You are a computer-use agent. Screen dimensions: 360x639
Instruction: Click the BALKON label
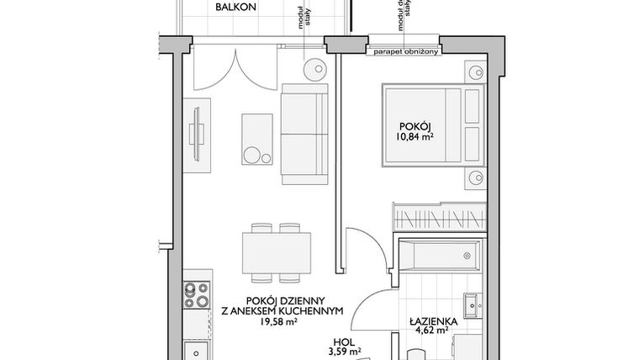pyautogui.click(x=236, y=8)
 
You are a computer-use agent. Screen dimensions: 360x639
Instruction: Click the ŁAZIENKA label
pyautogui.click(x=432, y=320)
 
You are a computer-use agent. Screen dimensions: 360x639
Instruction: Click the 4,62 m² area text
pyautogui.click(x=432, y=331)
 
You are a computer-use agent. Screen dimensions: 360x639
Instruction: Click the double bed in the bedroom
pyautogui.click(x=431, y=124)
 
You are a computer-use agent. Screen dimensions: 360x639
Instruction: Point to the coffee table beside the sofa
pyautogui.click(x=257, y=140)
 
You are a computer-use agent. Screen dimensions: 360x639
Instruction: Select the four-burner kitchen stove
pyautogui.click(x=196, y=295)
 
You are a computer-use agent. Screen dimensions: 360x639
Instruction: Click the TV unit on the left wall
pyautogui.click(x=197, y=134)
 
